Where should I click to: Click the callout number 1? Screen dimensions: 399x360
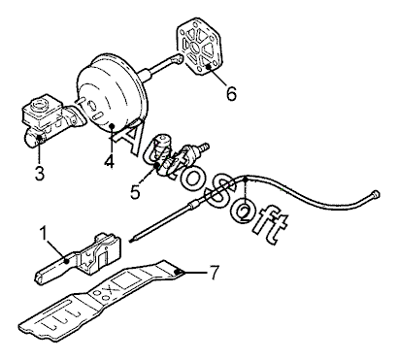pos(44,234)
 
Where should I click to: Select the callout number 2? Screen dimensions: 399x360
pos(245,213)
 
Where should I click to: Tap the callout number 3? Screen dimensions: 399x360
pos(40,173)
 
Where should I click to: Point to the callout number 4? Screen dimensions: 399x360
pos(110,160)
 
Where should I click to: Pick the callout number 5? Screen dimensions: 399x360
pos(135,191)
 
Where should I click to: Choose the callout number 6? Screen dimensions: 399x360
pos(231,94)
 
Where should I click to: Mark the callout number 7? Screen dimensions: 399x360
pos(214,272)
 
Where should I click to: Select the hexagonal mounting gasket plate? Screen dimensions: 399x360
pos(199,48)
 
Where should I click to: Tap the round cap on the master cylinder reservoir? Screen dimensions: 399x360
pos(39,104)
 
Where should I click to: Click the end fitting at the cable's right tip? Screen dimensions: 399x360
pos(376,194)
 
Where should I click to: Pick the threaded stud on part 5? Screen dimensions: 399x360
pos(203,147)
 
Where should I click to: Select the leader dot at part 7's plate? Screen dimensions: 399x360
pos(177,272)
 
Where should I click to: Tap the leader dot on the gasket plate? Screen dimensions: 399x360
pos(209,67)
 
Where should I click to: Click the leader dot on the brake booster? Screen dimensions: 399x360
pos(112,126)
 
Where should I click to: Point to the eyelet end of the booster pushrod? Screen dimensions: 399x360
pos(177,58)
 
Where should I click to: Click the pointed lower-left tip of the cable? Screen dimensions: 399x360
pos(130,241)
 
